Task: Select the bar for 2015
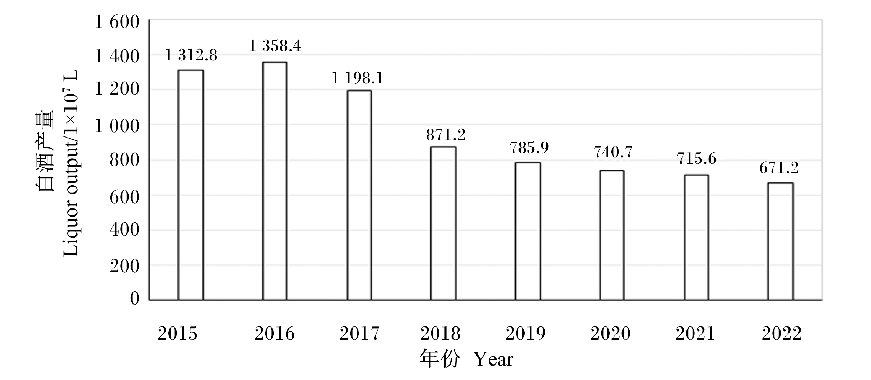click(x=190, y=185)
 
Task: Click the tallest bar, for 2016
click(x=275, y=181)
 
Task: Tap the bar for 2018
click(x=443, y=223)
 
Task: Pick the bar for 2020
click(x=612, y=235)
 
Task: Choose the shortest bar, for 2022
click(x=781, y=241)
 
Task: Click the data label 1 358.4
click(x=275, y=46)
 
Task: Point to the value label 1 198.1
click(x=357, y=78)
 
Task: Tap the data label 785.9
click(x=529, y=147)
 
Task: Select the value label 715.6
click(x=697, y=158)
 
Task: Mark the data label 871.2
click(x=446, y=135)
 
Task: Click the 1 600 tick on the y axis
click(x=117, y=22)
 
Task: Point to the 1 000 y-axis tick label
click(x=117, y=126)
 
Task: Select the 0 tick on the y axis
click(x=135, y=298)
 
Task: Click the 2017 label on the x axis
click(x=359, y=333)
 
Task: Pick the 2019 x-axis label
click(x=525, y=333)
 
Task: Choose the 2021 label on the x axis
click(x=695, y=333)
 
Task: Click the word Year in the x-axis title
click(x=493, y=359)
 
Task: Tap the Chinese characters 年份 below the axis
click(x=440, y=359)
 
